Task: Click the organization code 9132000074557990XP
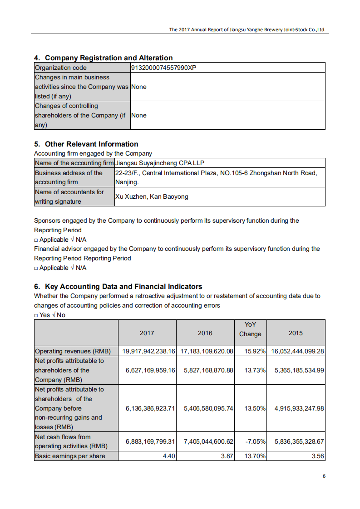click(x=164, y=68)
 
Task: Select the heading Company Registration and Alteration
click(x=108, y=58)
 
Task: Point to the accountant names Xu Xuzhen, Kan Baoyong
click(x=152, y=196)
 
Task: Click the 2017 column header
click(x=147, y=333)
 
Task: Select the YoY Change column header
click(x=250, y=329)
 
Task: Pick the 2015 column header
click(x=296, y=333)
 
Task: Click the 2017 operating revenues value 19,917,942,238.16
click(x=149, y=351)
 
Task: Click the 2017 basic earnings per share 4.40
click(x=169, y=456)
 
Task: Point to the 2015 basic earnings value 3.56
click(x=318, y=456)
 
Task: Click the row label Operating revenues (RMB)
click(x=73, y=351)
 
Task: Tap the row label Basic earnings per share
click(x=70, y=456)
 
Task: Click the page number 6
click(x=324, y=476)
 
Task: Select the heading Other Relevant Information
click(x=91, y=144)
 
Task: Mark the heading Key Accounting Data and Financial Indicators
click(x=123, y=286)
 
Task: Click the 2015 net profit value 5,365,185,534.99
click(x=299, y=370)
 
